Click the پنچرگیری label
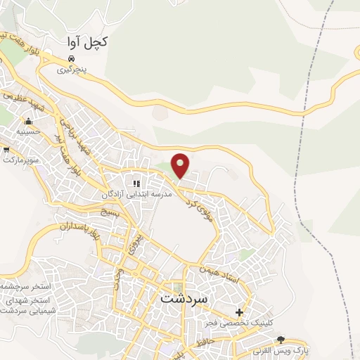[74, 70]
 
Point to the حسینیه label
[28, 131]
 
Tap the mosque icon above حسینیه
[29, 122]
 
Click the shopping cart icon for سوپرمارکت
[6, 150]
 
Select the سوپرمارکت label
[22, 160]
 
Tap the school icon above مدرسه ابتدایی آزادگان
[137, 184]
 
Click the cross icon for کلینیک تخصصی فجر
[239, 312]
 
